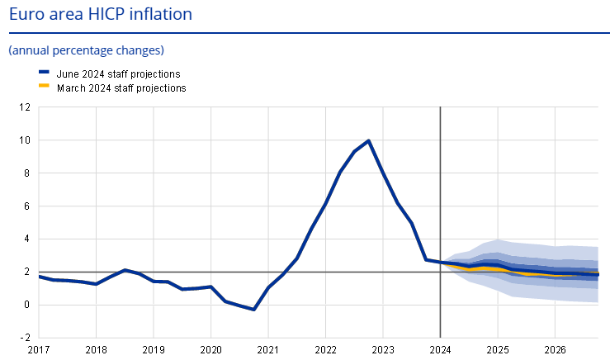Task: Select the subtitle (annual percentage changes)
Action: pyautogui.click(x=86, y=50)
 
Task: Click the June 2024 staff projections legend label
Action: pyautogui.click(x=118, y=73)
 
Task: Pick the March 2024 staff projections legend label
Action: pyautogui.click(x=121, y=87)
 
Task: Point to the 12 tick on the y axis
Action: pyautogui.click(x=25, y=107)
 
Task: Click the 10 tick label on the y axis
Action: pyautogui.click(x=25, y=140)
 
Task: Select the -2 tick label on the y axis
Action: pyautogui.click(x=25, y=338)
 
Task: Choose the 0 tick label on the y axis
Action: pyautogui.click(x=27, y=305)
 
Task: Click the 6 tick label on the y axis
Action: pyautogui.click(x=27, y=206)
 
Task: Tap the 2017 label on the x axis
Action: pyautogui.click(x=39, y=349)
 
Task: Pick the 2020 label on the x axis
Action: pyautogui.click(x=210, y=349)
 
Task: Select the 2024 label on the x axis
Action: pyautogui.click(x=440, y=349)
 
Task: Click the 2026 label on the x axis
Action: pyautogui.click(x=555, y=349)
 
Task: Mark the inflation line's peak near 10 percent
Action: pyautogui.click(x=368, y=140)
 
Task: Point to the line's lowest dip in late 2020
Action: pyautogui.click(x=253, y=310)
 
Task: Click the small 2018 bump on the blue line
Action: pyautogui.click(x=125, y=270)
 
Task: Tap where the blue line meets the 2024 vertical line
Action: pyautogui.click(x=440, y=263)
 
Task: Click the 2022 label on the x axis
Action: pyautogui.click(x=325, y=349)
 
